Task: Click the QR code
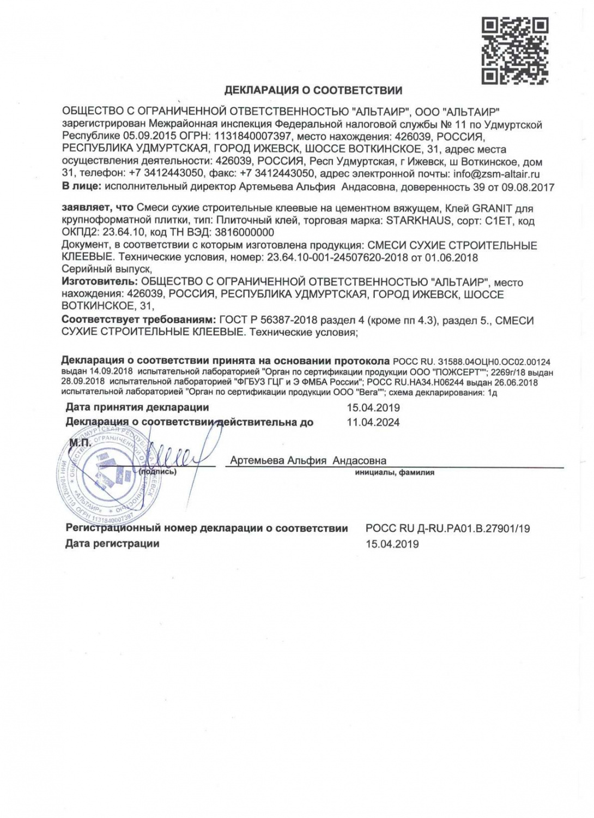pyautogui.click(x=514, y=51)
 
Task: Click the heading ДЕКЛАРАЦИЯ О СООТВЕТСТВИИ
pyautogui.click(x=313, y=91)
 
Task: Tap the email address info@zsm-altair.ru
pyautogui.click(x=496, y=175)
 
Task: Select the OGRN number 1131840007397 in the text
pyautogui.click(x=253, y=137)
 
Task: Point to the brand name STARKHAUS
pyautogui.click(x=419, y=221)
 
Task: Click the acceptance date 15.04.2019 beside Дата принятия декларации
pyautogui.click(x=373, y=408)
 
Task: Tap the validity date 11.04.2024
pyautogui.click(x=373, y=422)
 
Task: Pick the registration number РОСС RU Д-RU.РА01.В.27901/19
pyautogui.click(x=447, y=528)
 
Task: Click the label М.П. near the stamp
pyautogui.click(x=80, y=443)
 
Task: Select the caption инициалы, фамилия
pyautogui.click(x=395, y=473)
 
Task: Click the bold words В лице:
pyautogui.click(x=82, y=187)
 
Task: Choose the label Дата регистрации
pyautogui.click(x=112, y=544)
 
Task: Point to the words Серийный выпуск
pyautogui.click(x=106, y=269)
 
